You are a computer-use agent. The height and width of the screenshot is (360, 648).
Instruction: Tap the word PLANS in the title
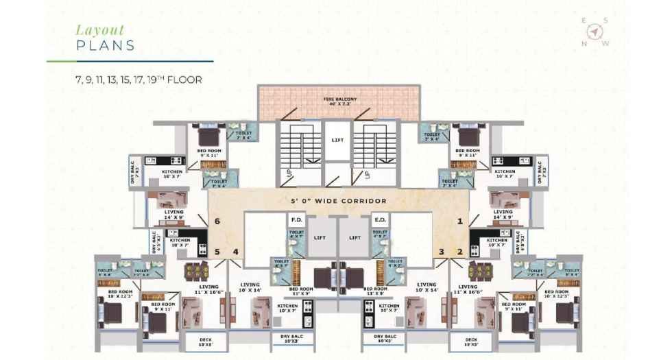click(x=105, y=46)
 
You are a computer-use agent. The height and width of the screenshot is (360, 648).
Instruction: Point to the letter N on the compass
click(x=584, y=43)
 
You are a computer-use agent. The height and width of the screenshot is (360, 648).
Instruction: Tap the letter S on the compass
click(x=606, y=21)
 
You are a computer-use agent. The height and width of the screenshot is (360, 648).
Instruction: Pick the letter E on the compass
click(x=584, y=21)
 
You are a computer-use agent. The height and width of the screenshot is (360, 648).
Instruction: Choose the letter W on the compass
click(x=605, y=43)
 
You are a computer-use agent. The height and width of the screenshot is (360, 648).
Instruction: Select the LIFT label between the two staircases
click(x=337, y=140)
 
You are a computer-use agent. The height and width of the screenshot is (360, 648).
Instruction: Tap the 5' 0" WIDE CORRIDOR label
click(x=338, y=201)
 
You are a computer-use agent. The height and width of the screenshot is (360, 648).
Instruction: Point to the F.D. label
click(x=297, y=221)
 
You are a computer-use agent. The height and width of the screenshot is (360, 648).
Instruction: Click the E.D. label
click(x=379, y=221)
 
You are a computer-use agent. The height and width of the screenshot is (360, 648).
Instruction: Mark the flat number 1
click(x=460, y=221)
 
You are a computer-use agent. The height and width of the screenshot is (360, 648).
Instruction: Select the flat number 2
click(x=460, y=252)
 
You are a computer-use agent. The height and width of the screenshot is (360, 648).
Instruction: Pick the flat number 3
click(x=442, y=252)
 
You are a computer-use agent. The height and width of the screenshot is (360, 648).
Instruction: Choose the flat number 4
click(x=235, y=252)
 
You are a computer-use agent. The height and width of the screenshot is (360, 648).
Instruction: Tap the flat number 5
click(x=217, y=252)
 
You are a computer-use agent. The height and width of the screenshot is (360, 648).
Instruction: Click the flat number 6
click(x=217, y=221)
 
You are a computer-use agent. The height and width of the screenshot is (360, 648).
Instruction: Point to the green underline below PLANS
click(x=130, y=61)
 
